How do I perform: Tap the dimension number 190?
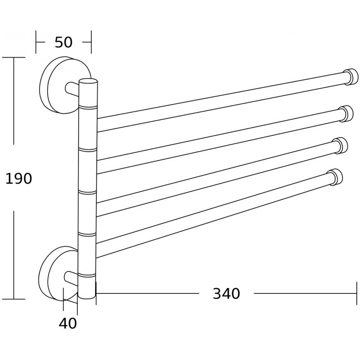pyautogui.click(x=18, y=179)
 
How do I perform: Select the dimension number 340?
pyautogui.click(x=226, y=294)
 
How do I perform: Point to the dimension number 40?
pyautogui.click(x=68, y=323)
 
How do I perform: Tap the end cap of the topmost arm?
pyautogui.click(x=350, y=77)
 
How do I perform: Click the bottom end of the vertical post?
pyautogui.click(x=86, y=295)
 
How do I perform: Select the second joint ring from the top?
pyautogui.click(x=88, y=148)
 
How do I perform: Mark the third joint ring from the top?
pyautogui.click(x=87, y=192)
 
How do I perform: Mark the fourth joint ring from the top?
pyautogui.click(x=87, y=234)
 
